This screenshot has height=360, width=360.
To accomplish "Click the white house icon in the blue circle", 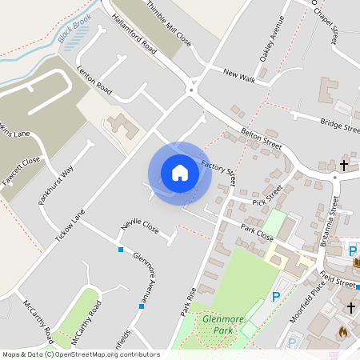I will tap(179, 172).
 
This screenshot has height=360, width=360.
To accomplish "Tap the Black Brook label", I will tap(74, 27).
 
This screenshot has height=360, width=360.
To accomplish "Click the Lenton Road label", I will tap(94, 78).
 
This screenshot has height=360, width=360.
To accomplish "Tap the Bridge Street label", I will tap(340, 125).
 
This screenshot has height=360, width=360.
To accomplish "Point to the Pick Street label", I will tap(268, 197).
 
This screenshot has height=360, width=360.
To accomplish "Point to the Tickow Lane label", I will tap(70, 227).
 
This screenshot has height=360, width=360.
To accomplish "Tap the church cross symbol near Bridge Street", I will tap(344, 166).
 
